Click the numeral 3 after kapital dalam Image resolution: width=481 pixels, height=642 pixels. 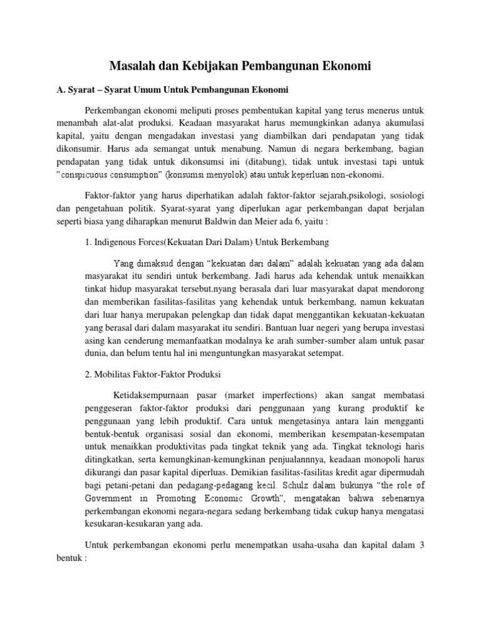(x=422, y=545)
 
